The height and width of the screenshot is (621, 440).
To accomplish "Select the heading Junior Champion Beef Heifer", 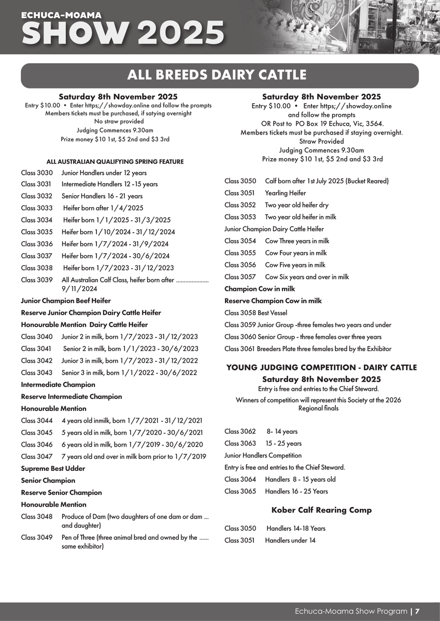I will tap(66, 301).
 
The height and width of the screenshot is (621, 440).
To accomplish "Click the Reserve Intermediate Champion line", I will tap(72, 396).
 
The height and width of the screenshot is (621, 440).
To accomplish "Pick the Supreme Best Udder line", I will tap(53, 468).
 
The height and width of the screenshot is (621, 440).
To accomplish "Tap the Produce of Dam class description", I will tap(135, 520).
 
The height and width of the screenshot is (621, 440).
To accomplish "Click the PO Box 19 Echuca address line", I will tap(321, 123).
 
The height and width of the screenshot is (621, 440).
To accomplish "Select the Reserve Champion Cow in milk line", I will tap(273, 301).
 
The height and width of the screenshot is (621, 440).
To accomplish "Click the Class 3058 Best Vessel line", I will tap(256, 313).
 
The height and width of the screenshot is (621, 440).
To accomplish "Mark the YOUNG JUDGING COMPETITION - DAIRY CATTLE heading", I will tap(321, 367).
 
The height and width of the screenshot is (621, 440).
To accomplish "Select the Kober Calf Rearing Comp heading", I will tap(321, 510).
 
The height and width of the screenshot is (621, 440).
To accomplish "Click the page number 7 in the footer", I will tap(417, 611).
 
